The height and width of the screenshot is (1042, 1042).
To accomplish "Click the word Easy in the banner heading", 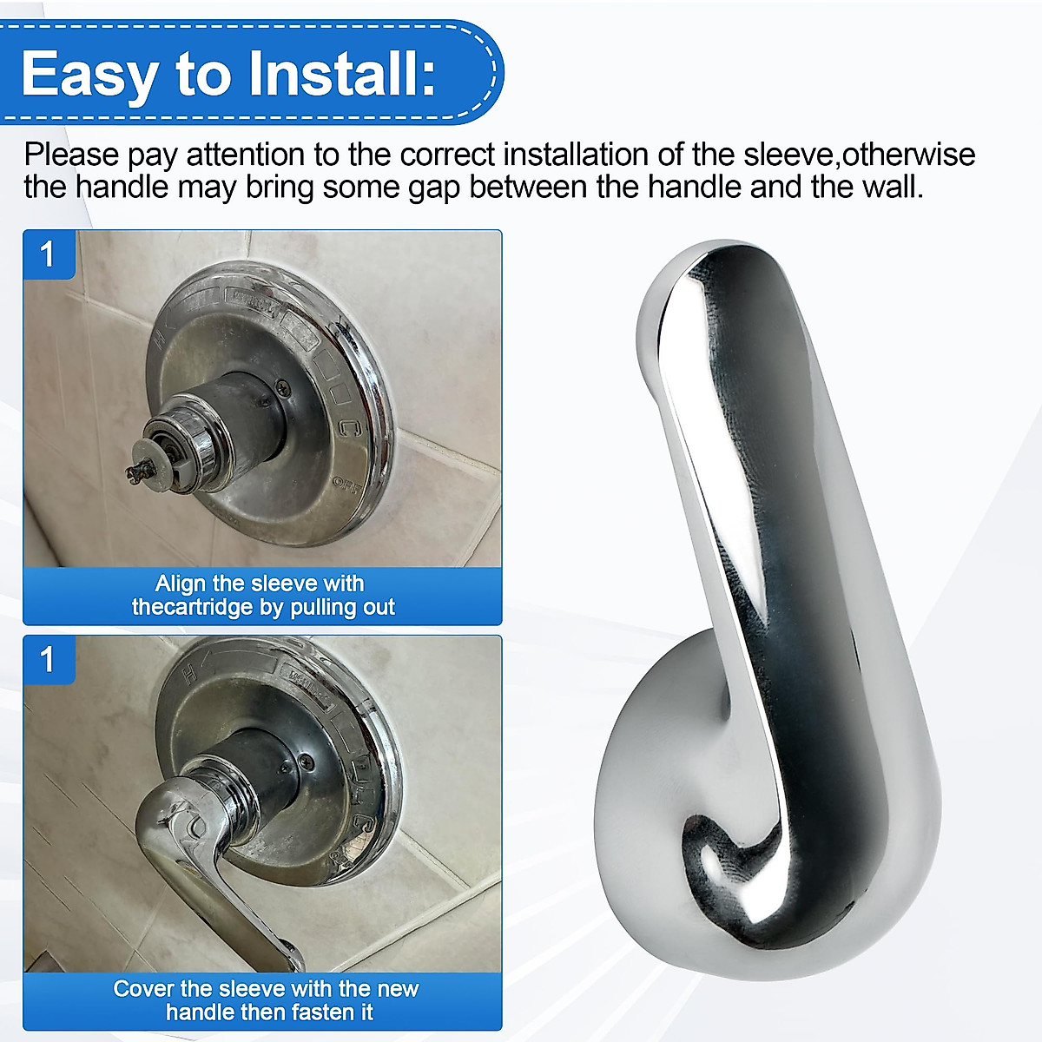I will pos(88,76).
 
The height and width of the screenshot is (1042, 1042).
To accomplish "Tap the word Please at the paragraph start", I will pos(71,155).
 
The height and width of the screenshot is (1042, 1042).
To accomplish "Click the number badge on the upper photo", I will pos(48,254).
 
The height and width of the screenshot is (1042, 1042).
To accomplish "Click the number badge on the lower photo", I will pos(48,660).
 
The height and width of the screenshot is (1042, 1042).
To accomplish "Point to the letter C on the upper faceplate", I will pos(348,427).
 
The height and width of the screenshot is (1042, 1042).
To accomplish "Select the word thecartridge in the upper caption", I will pos(192,607).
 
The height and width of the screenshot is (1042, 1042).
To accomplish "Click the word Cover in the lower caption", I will pos(144,989).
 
